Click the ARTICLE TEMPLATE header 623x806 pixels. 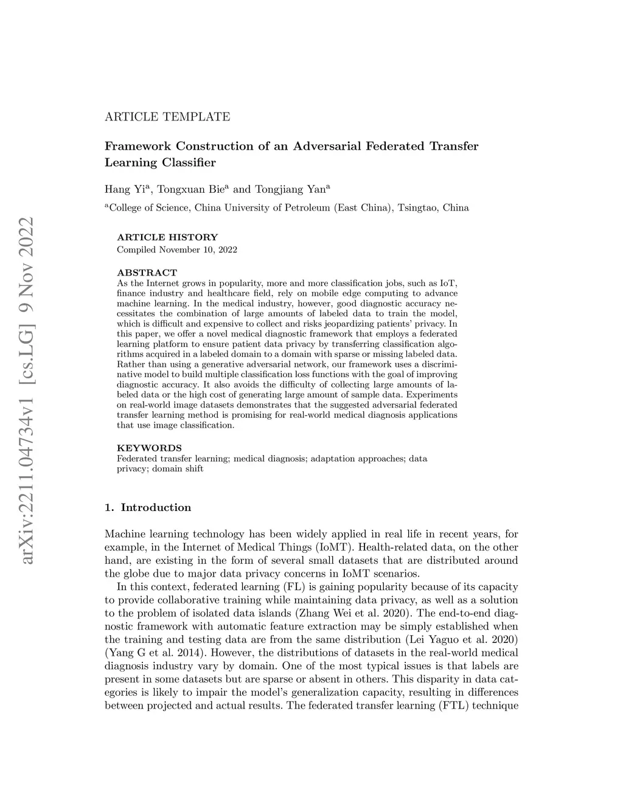[x=167, y=117]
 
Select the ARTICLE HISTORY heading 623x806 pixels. [x=167, y=237]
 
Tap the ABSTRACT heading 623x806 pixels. [x=147, y=273]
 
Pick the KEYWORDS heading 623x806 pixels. [x=149, y=448]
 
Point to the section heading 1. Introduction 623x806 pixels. [x=148, y=507]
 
